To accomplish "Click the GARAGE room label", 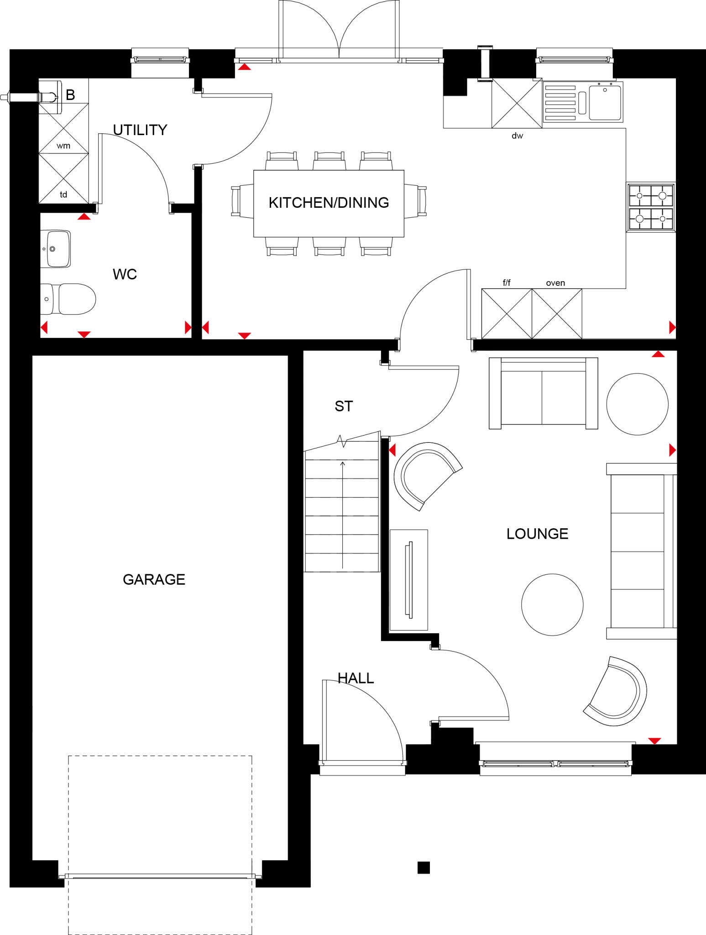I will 154,579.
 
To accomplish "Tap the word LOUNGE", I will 537,534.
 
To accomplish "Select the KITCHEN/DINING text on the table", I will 329,203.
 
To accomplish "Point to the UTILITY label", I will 140,130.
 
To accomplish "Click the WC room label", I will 125,274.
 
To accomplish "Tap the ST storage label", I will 344,406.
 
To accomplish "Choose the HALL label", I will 356,678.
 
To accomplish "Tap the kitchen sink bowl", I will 605,103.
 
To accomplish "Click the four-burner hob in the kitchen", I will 651,207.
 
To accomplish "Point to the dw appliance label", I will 517,136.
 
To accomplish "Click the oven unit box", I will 557,314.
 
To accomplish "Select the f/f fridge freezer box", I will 507,314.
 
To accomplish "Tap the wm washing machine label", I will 63,146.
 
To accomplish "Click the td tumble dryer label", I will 63,195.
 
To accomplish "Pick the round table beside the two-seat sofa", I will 637,404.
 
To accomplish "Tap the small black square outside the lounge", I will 424,868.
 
